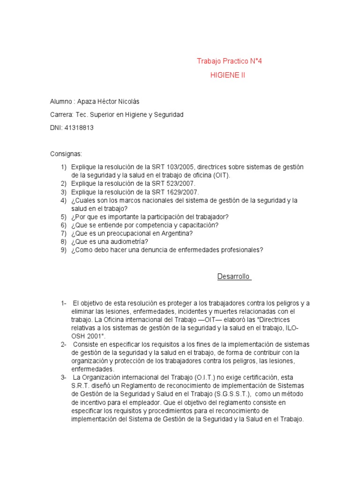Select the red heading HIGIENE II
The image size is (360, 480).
pyautogui.click(x=227, y=75)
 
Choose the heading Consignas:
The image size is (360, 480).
pyautogui.click(x=66, y=154)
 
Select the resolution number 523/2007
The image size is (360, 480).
pyautogui.click(x=172, y=184)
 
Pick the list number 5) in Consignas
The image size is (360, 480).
pyautogui.click(x=63, y=217)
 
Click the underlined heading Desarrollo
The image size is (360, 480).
pyautogui.click(x=233, y=277)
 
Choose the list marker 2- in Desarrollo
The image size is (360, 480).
pyautogui.click(x=64, y=345)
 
